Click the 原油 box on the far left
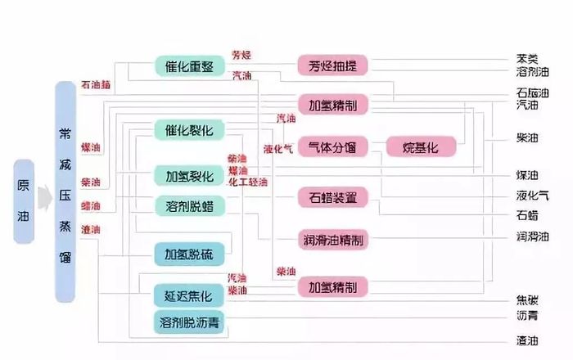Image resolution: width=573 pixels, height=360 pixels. point(23,201)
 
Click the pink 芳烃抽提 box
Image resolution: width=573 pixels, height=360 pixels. point(332,66)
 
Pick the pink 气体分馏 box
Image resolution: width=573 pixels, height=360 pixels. point(332,147)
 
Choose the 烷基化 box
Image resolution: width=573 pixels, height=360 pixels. point(421,147)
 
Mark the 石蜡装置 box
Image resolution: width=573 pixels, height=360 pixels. point(332,197)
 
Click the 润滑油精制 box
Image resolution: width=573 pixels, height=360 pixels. point(332,240)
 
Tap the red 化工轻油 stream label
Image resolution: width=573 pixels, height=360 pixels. point(248,181)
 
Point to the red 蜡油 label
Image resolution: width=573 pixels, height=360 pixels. point(91,205)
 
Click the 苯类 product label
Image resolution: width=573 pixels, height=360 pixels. point(527,59)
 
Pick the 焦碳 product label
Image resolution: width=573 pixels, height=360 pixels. point(527,299)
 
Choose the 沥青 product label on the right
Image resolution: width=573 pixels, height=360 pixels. point(527,315)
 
